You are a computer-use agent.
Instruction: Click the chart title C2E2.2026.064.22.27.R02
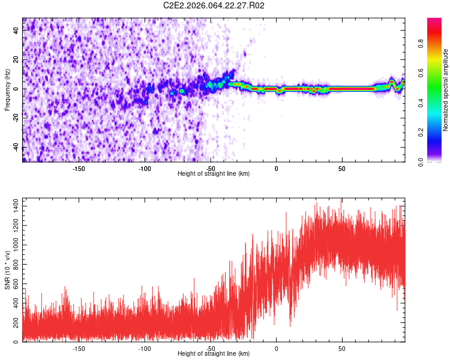[x=214, y=5]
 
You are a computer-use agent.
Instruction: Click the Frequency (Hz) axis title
[x=7, y=90]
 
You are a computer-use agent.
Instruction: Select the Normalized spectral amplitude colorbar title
[x=446, y=90]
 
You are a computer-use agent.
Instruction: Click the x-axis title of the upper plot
[x=214, y=174]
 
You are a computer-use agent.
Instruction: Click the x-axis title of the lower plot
[x=214, y=354]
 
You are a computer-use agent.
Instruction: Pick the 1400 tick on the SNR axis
[x=12, y=206]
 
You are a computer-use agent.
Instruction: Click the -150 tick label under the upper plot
[x=79, y=169]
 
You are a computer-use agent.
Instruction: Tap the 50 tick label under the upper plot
[x=341, y=169]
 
